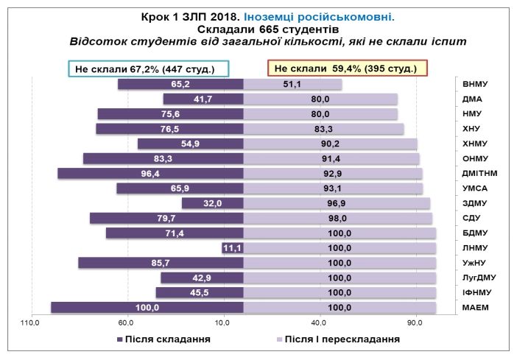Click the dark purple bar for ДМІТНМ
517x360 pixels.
(150, 174)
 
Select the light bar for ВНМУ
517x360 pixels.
(292, 84)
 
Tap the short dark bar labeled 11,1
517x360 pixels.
(233, 248)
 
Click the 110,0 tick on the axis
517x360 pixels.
(29, 322)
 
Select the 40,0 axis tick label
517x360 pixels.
(319, 322)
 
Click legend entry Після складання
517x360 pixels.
(163, 339)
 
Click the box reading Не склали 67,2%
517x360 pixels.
(150, 68)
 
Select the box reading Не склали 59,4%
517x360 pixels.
(346, 68)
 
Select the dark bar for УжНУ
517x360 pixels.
(161, 263)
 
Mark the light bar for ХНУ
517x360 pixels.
(323, 129)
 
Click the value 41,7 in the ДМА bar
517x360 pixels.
(203, 99)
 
